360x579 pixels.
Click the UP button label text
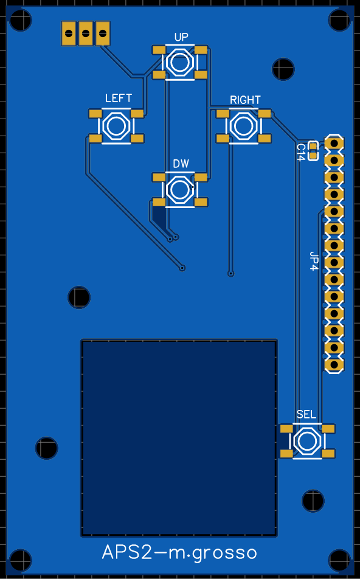181,37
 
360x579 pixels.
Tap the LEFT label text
118,99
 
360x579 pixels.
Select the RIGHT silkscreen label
245,100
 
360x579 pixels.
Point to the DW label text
181,164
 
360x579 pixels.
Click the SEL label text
306,414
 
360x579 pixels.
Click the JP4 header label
313,261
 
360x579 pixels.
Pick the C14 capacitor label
300,152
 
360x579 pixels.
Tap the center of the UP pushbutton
180,63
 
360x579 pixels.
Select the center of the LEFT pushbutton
116,125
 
